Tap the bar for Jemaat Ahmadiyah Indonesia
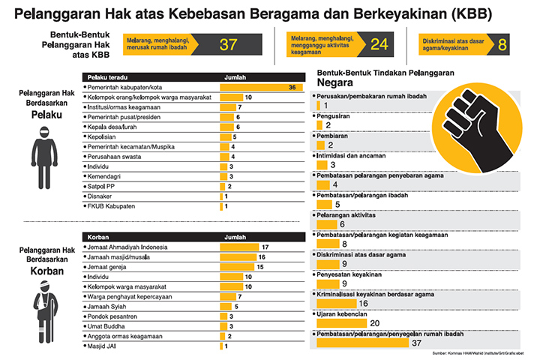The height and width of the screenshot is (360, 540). (x=241, y=247)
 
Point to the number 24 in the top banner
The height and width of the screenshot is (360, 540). (x=379, y=44)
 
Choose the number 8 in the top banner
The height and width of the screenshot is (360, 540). (x=502, y=44)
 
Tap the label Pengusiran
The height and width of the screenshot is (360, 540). (x=334, y=117)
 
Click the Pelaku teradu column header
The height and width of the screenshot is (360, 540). (x=108, y=76)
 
